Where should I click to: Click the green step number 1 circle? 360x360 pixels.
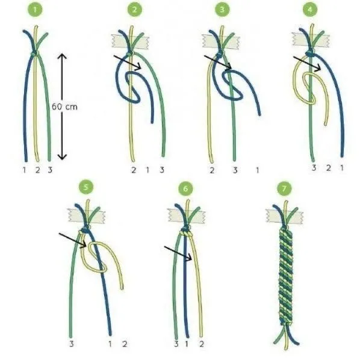(35, 10)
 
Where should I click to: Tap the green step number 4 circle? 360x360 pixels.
(309, 10)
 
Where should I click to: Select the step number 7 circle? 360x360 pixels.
(284, 188)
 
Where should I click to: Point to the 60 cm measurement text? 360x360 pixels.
(64, 107)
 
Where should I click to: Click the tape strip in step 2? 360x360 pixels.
(130, 42)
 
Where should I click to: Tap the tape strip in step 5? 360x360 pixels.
(87, 216)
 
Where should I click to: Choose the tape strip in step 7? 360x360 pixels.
(285, 216)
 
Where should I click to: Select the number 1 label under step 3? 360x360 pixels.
(258, 170)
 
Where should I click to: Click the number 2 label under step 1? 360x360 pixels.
(37, 170)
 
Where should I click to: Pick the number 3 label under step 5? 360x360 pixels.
(72, 344)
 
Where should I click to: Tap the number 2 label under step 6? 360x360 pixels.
(201, 344)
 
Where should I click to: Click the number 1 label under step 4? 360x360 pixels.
(342, 168)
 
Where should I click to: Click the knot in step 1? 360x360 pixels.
(34, 54)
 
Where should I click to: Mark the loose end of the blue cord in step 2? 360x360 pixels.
(152, 122)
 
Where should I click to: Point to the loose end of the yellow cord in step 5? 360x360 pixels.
(122, 288)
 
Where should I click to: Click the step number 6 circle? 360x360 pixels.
(185, 188)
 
